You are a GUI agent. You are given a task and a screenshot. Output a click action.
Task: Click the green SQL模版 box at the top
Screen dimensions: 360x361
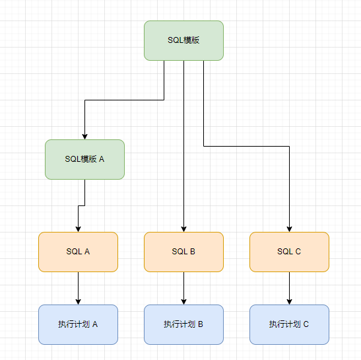coord(183,40)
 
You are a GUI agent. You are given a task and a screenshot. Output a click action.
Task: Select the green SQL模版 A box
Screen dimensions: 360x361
coord(84,159)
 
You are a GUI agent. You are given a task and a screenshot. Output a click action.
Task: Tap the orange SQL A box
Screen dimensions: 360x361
coord(78,252)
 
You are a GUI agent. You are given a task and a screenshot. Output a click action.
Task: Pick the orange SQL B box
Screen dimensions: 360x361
coord(183,252)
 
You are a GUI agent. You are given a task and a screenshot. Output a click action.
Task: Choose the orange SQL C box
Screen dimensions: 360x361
coord(289,252)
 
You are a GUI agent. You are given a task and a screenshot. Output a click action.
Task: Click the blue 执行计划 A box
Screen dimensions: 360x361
coord(78,324)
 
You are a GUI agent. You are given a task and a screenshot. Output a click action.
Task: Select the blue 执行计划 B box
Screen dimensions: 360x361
coord(183,324)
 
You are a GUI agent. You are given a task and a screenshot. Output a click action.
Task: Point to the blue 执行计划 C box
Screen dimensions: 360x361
coord(289,324)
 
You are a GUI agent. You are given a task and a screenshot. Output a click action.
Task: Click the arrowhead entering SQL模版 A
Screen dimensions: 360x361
coord(84,135)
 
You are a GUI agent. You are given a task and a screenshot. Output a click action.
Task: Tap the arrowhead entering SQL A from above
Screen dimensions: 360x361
coord(78,228)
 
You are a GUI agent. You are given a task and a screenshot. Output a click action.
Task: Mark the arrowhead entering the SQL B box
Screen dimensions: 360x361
coord(183,228)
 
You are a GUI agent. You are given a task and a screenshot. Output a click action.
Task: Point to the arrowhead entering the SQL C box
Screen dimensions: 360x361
coord(289,228)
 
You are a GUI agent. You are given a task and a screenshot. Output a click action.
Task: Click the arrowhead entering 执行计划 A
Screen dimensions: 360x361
coord(78,301)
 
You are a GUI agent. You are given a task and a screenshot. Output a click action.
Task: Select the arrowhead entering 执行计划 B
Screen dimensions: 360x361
coord(183,301)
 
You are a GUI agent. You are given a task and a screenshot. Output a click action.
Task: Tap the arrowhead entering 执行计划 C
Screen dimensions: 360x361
coord(289,301)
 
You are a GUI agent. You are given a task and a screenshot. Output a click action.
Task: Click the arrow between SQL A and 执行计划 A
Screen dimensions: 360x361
coord(78,285)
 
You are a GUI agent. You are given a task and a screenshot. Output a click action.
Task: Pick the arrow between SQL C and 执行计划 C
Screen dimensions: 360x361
coord(289,285)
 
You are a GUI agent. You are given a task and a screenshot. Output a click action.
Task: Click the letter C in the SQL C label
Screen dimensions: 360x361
coord(298,252)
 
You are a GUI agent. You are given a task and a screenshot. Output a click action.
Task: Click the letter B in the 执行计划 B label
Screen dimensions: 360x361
coord(200,324)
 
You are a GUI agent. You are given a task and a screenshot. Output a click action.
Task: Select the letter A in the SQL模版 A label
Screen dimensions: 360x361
coord(102,159)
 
